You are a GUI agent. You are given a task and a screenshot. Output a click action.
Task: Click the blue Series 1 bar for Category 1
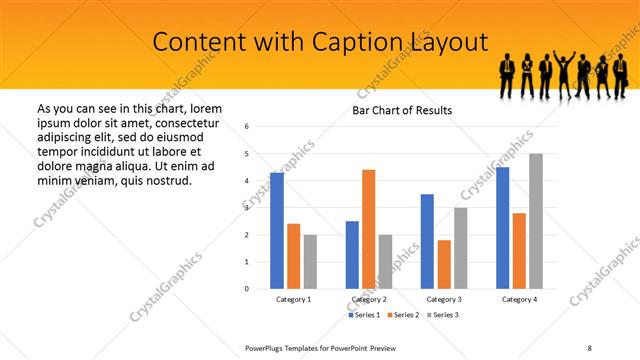[277, 231]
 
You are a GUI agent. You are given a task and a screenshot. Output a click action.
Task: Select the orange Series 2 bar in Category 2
[369, 229]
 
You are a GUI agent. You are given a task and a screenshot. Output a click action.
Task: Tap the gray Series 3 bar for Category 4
[536, 221]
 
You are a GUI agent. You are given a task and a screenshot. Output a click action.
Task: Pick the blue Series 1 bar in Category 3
[427, 241]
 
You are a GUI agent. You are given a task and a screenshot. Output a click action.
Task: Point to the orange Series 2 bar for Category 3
[444, 264]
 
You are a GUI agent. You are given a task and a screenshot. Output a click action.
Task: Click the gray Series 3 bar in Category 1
[310, 261]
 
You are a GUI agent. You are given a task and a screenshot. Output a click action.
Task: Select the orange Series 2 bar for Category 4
[519, 251]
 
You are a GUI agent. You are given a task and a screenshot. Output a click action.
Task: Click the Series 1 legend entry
[365, 315]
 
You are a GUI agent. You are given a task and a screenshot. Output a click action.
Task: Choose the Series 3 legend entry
[443, 315]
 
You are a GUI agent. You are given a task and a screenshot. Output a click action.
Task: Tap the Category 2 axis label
[369, 299]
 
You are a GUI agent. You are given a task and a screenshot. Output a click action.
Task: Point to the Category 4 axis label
[519, 299]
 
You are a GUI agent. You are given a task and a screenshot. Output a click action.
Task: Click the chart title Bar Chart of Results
[402, 110]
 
